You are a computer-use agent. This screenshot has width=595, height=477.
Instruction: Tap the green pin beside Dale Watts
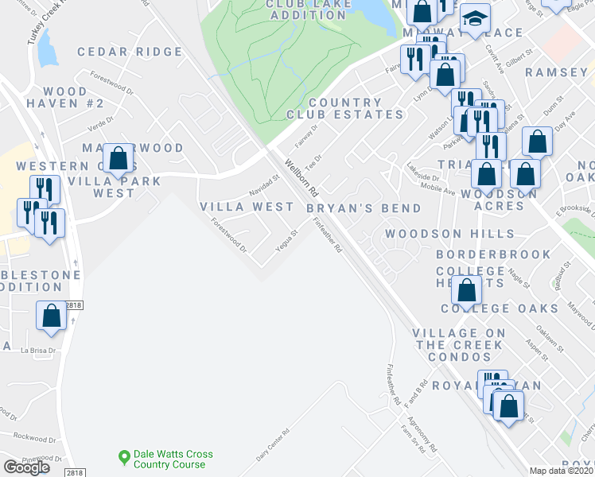[123, 457]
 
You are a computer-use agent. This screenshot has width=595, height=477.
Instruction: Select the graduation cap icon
[475, 20]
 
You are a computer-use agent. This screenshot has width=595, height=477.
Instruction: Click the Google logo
[26, 467]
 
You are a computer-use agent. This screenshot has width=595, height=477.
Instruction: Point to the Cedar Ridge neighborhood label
[130, 52]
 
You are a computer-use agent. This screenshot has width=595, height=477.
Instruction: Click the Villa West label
[247, 207]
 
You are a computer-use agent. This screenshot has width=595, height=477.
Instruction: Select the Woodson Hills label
[449, 234]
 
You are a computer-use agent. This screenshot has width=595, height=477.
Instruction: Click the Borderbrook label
[493, 254]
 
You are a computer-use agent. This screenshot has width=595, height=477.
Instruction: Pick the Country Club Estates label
[356, 108]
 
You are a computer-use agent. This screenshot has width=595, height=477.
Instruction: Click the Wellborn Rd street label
[302, 181]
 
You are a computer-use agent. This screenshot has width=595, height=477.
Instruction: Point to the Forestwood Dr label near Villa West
[230, 235]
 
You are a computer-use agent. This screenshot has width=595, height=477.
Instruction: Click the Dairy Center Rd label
[272, 445]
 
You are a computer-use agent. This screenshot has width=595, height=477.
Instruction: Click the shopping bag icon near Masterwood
[119, 158]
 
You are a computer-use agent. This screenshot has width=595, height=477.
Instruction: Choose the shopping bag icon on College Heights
[468, 289]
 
